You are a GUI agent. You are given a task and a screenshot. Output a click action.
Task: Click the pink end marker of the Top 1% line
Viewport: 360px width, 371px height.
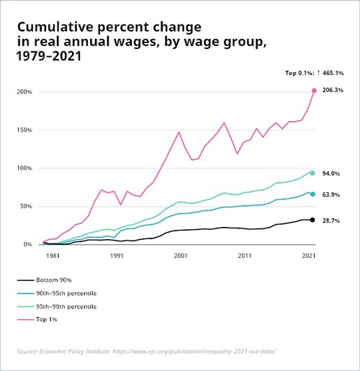[x=314, y=91]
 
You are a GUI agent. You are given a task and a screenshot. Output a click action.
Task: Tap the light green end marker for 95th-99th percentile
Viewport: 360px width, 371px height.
[x=312, y=173]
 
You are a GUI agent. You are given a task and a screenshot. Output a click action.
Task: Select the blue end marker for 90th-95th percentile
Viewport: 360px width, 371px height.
[x=312, y=194]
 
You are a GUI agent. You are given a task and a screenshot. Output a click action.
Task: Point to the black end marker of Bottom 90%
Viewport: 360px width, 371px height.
[x=312, y=220]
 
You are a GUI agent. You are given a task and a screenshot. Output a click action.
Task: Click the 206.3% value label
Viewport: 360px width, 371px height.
[x=333, y=90]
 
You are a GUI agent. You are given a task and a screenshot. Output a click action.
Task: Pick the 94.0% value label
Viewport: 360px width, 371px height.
[x=331, y=174]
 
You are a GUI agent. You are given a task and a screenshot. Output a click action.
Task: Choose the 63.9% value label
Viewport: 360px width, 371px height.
[x=331, y=195]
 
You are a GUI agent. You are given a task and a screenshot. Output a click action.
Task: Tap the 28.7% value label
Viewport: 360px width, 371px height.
[x=331, y=220]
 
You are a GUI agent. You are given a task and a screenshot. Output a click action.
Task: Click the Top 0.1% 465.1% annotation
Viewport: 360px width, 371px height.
[x=314, y=73]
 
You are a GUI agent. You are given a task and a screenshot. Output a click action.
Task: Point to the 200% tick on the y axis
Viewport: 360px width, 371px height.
[x=24, y=91]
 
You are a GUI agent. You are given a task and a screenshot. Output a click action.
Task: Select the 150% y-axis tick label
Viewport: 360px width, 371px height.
[x=24, y=130]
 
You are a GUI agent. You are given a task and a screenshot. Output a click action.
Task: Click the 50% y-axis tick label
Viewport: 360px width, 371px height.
[x=26, y=206]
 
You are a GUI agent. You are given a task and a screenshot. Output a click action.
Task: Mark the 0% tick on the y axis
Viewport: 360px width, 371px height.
[x=27, y=244]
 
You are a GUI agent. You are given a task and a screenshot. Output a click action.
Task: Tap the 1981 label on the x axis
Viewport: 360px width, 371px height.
[x=53, y=256]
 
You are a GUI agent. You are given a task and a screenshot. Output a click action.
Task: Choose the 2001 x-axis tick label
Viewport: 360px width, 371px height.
[x=181, y=256]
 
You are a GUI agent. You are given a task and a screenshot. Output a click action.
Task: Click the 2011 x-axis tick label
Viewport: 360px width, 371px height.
[x=245, y=256]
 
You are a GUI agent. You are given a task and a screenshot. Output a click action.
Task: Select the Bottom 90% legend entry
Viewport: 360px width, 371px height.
[x=45, y=280]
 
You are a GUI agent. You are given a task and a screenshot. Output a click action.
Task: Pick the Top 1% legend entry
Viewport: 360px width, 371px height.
[x=37, y=319]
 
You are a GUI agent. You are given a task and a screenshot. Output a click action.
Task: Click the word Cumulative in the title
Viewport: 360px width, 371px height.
[x=55, y=27]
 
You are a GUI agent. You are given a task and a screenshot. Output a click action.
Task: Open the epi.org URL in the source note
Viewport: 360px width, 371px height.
[x=194, y=352]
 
